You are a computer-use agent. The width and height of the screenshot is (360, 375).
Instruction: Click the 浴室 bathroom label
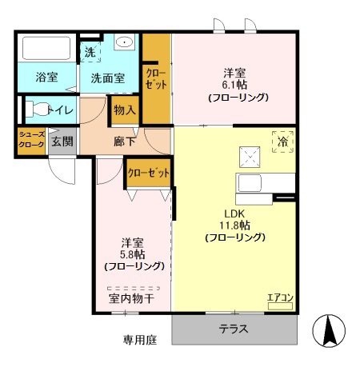46,78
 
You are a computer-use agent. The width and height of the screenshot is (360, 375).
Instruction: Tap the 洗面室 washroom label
106,78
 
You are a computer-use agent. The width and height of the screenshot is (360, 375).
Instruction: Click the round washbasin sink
126,43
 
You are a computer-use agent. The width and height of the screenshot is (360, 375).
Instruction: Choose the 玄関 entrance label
62,142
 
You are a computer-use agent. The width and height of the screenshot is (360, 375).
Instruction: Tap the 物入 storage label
125,110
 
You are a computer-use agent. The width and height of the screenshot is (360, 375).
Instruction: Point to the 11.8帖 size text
234,225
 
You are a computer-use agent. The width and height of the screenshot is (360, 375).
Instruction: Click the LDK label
233,212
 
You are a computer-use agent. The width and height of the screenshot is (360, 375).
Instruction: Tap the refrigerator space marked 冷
282,142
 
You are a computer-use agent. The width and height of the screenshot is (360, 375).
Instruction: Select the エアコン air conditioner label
280,299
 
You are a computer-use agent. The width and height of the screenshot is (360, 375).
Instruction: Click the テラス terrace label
234,329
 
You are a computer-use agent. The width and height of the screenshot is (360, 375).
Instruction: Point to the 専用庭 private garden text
140,339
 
